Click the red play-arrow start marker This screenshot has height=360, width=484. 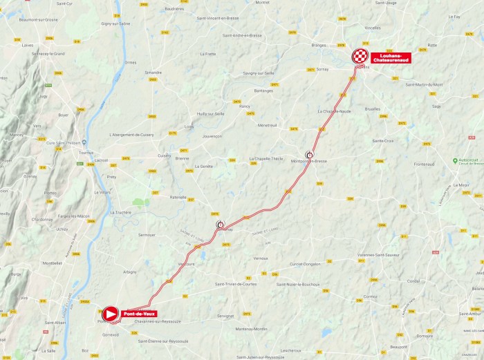[x=109, y=314]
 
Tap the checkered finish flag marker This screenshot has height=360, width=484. [x=360, y=57]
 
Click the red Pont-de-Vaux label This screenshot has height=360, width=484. [x=139, y=314]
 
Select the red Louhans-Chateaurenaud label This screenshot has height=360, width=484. [x=391, y=57]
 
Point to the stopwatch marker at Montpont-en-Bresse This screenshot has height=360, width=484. [x=309, y=155]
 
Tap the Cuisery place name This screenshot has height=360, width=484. [x=164, y=155]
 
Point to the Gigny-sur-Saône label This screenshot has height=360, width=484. [x=116, y=23]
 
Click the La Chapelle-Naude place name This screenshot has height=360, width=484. [x=335, y=111]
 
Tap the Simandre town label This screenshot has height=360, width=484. [x=153, y=72]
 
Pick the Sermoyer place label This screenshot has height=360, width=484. [x=147, y=235]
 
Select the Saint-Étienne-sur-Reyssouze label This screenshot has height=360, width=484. [x=162, y=341]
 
